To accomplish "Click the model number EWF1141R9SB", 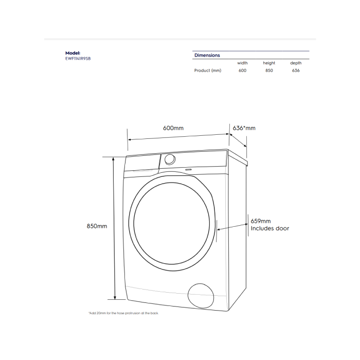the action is click(78, 59).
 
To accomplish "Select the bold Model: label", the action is click(73, 53).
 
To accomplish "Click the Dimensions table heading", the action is click(207, 55).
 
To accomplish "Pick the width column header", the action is click(242, 63).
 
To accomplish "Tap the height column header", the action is click(269, 63).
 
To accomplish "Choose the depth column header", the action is click(296, 63).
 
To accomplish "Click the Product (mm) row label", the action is click(208, 70).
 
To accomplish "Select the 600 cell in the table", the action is click(242, 70).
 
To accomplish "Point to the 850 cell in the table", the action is click(269, 70).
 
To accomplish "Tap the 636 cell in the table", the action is click(296, 70).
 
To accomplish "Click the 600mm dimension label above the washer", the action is click(173, 128).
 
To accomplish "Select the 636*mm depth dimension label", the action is click(244, 128).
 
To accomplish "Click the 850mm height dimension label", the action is click(97, 226).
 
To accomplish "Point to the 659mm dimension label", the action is click(261, 221).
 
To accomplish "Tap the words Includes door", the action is click(270, 228).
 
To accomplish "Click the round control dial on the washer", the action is click(170, 159).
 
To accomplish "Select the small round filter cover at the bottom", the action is click(201, 296).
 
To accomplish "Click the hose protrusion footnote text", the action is click(123, 313).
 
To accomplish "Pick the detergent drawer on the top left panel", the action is click(142, 163).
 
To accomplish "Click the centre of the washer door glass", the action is click(171, 223).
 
